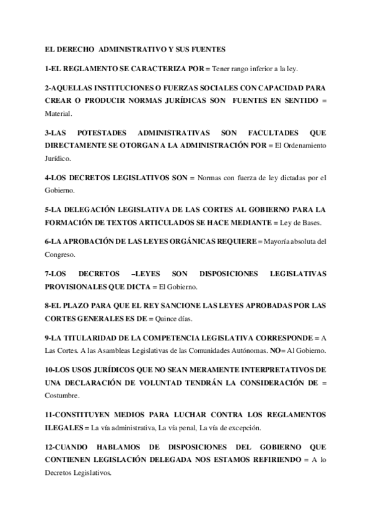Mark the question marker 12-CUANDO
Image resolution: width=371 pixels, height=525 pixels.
click(x=65, y=446)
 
